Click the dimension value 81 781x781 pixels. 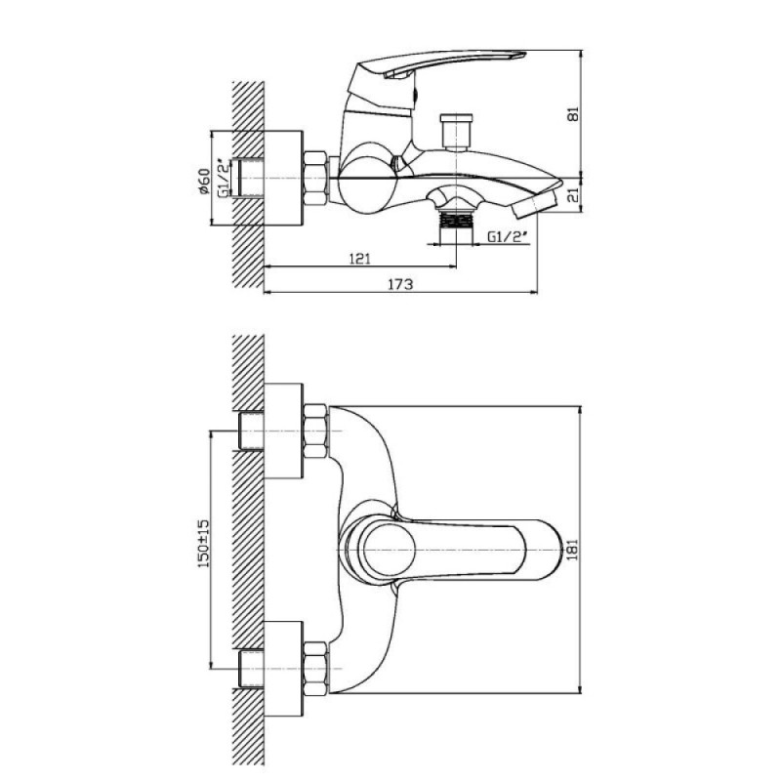tap(574, 113)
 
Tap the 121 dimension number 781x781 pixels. tap(359, 259)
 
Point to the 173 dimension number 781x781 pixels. tap(400, 284)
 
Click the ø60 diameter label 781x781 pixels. tap(204, 182)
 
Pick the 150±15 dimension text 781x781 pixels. tap(204, 544)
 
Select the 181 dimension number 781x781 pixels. tap(573, 549)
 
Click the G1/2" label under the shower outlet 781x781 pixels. tap(507, 237)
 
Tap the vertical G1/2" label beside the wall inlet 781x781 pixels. tap(225, 178)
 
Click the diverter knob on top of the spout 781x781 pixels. tap(455, 133)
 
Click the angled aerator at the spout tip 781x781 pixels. tap(535, 204)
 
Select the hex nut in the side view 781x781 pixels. tap(315, 178)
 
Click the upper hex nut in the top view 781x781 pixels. tap(315, 432)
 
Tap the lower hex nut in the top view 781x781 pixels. tap(315, 669)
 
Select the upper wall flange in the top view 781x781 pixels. tap(283, 431)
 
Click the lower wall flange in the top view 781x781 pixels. tap(283, 669)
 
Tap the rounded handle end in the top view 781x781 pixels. tap(548, 550)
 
